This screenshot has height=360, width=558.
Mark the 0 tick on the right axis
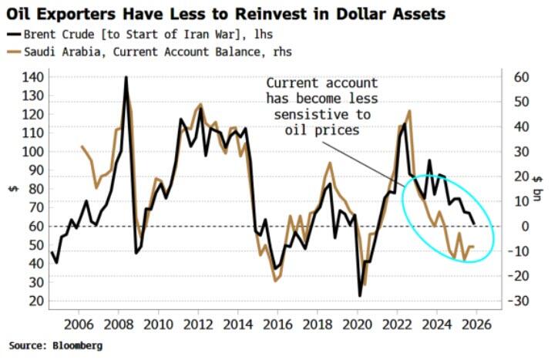click(x=509, y=226)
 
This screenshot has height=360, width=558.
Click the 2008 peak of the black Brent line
click(x=126, y=78)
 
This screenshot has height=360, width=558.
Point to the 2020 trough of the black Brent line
click(x=359, y=295)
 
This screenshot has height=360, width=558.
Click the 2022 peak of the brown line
click(x=408, y=112)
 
